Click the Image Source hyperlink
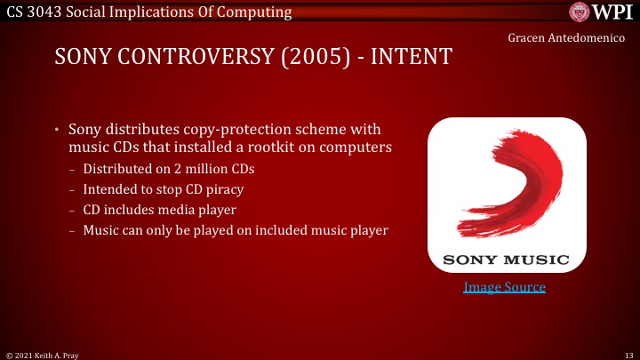pyautogui.click(x=504, y=287)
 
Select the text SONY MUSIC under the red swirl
pyautogui.click(x=506, y=260)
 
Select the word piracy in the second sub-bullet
pyautogui.click(x=223, y=189)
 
